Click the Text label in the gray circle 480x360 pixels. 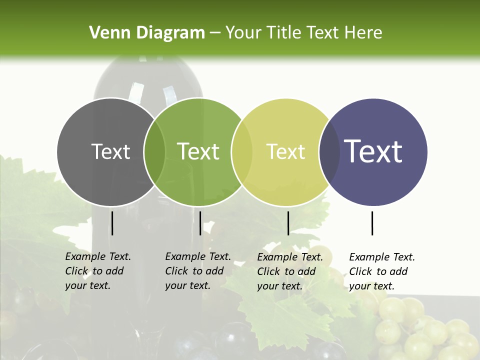tap(110, 151)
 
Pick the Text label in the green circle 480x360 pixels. tap(198, 151)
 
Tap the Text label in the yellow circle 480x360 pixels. tap(285, 151)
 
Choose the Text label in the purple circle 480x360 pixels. tap(373, 151)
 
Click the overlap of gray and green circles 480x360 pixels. tap(154, 152)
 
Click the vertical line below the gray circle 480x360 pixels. tap(112, 223)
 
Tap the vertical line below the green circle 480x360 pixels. tap(200, 223)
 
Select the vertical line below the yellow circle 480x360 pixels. tap(288, 223)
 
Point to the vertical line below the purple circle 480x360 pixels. tap(372, 223)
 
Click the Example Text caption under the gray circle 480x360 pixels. tap(97, 271)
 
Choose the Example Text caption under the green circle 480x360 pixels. tap(197, 271)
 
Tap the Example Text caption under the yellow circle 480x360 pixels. tap(289, 271)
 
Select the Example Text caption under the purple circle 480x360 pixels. tap(381, 271)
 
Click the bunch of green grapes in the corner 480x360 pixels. tap(425, 330)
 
